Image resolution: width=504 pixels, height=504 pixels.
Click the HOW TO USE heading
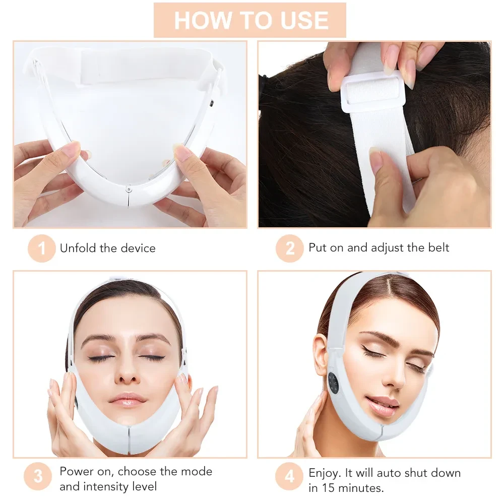pyautogui.click(x=250, y=20)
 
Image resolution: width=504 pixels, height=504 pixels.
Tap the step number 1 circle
pyautogui.click(x=41, y=248)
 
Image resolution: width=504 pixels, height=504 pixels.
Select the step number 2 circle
pyautogui.click(x=290, y=248)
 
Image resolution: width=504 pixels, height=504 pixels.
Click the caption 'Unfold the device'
pyautogui.click(x=107, y=248)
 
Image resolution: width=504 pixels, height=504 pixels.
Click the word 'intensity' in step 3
pyautogui.click(x=106, y=486)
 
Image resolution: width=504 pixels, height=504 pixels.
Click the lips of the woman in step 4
pyautogui.click(x=382, y=403)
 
